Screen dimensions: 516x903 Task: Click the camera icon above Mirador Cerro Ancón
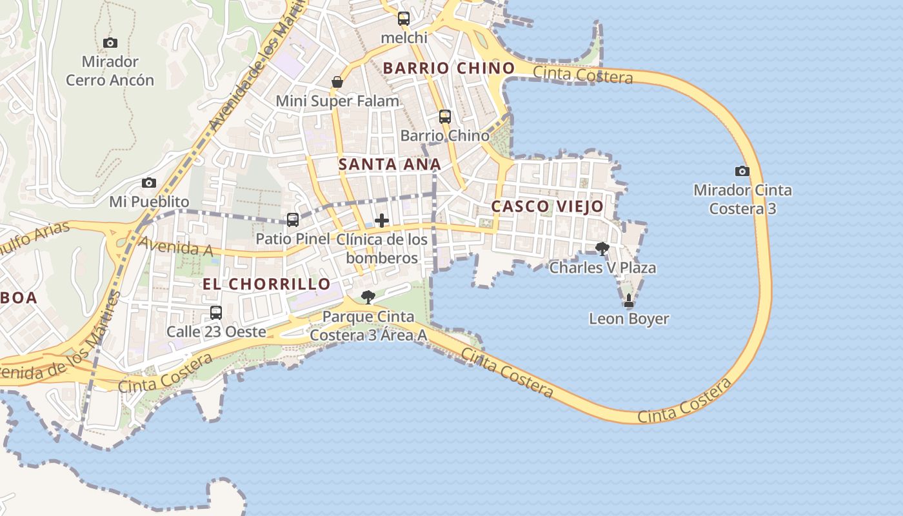(110, 43)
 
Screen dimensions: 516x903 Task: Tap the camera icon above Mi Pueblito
(149, 183)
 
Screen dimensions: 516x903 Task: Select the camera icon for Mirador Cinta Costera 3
(742, 171)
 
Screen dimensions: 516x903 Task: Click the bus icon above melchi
(404, 19)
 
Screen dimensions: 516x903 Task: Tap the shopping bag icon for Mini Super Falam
(337, 82)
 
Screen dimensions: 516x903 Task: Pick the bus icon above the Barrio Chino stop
(445, 117)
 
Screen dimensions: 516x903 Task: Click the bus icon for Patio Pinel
(293, 220)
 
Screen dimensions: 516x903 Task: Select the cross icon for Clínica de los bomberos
(382, 221)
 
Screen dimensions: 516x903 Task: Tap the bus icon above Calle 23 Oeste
(216, 313)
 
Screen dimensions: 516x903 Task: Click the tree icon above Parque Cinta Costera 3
(368, 297)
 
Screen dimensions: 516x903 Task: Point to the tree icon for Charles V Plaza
(602, 248)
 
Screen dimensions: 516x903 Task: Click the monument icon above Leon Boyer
(629, 301)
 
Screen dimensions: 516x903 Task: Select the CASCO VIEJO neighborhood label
(548, 206)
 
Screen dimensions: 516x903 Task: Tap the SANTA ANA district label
(390, 164)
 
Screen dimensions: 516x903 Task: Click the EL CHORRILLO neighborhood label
(266, 284)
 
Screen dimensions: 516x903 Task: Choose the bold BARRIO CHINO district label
(449, 68)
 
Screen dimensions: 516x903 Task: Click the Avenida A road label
(167, 246)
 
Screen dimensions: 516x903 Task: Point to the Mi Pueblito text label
(149, 202)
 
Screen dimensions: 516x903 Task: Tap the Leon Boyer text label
(629, 319)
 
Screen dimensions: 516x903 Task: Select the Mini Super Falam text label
(337, 101)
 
